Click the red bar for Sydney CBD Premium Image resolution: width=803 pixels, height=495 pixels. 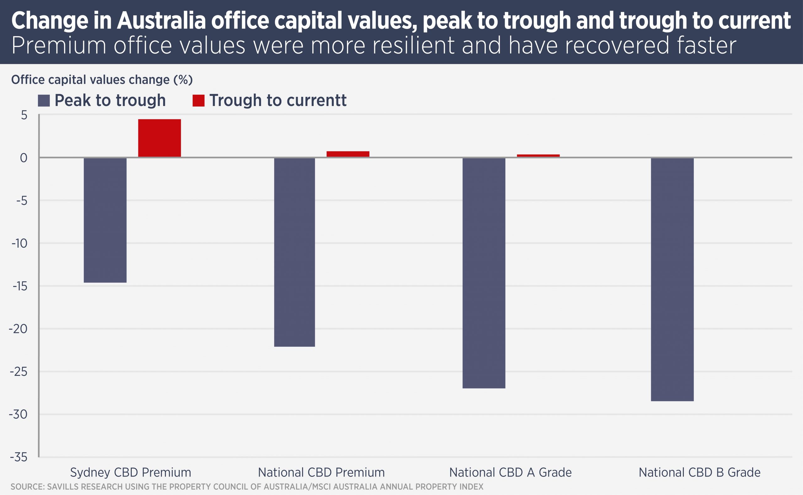point(159,138)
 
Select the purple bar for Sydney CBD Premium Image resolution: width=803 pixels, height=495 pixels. point(105,220)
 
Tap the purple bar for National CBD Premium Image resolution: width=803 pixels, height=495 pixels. point(295,252)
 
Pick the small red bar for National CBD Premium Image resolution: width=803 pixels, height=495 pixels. point(348,154)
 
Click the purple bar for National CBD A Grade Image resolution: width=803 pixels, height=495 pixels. point(484,273)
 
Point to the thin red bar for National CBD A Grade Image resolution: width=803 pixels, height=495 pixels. point(538,155)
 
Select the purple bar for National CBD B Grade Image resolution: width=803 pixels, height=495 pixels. point(672,279)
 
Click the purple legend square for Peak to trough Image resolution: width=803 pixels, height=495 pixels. point(44,101)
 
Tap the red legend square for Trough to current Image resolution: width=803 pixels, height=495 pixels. point(199,101)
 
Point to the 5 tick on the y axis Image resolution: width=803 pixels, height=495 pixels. point(24,115)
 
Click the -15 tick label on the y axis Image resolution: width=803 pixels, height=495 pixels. point(20,287)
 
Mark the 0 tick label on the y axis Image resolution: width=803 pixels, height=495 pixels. point(24,158)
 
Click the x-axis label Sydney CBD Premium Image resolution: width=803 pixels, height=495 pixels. point(130,472)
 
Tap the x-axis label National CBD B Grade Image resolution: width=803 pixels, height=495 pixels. point(699,472)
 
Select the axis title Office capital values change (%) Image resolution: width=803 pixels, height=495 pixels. point(102,80)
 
